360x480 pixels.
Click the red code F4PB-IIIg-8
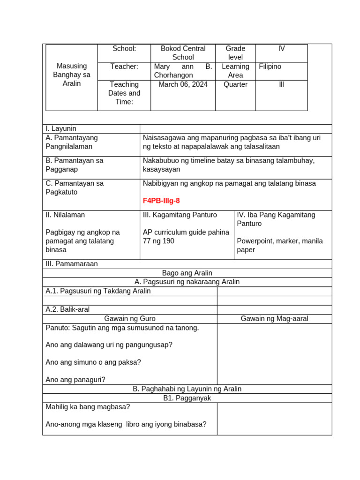coord(161,201)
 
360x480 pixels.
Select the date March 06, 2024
coord(183,84)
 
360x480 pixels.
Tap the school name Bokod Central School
coord(183,53)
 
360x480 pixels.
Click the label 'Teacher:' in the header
coord(124,67)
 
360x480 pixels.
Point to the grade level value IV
coord(281,49)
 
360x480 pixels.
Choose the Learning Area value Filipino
coord(270,67)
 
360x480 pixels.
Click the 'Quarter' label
coord(235,84)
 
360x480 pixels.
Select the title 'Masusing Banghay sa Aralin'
coord(72,75)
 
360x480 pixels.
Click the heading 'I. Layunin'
coord(61,128)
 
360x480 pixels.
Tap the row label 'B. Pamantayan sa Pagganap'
coord(75,165)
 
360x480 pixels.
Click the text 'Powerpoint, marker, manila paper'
coord(280,245)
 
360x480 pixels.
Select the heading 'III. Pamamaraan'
coord(72,264)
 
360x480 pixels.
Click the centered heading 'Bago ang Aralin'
coord(187,273)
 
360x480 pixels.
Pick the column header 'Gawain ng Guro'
coord(130,319)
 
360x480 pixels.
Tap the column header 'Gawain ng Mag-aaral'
coord(274,319)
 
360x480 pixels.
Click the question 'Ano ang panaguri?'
coord(75,380)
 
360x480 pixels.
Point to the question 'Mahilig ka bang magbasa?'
coord(88,406)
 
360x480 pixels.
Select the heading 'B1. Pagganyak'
coord(187,398)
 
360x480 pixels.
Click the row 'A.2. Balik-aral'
coord(67,309)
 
